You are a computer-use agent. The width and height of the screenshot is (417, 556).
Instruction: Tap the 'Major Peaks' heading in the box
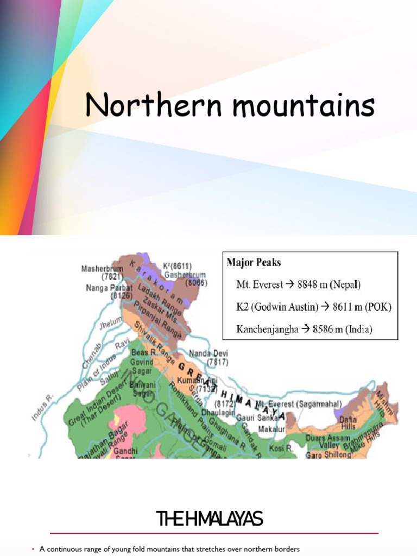[x=254, y=263]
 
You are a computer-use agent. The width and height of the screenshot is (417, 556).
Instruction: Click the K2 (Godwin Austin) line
[x=313, y=307]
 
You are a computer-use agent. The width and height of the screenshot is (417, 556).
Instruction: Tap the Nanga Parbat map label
[x=108, y=288]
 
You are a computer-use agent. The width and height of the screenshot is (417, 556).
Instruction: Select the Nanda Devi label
[x=208, y=353]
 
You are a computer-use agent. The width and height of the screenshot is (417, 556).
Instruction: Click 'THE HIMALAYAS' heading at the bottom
[x=209, y=520]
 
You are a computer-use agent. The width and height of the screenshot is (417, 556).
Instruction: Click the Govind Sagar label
[x=142, y=366]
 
